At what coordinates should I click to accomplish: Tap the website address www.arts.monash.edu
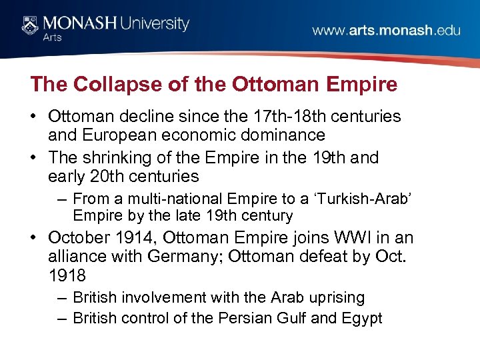click(386, 31)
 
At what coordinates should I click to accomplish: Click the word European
click(118, 135)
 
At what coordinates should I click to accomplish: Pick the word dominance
click(281, 135)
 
